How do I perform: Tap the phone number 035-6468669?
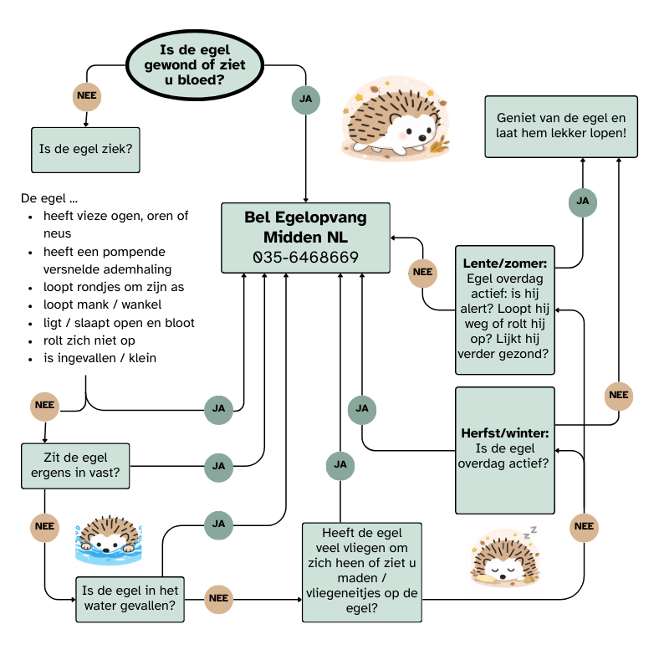point(305,257)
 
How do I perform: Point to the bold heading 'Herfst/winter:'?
point(504,433)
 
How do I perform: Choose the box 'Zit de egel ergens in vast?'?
point(75,466)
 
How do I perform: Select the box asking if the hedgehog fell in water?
point(130,598)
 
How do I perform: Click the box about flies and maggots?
point(361,572)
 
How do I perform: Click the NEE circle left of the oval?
point(87,95)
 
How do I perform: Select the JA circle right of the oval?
point(305,99)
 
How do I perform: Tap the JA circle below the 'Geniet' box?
point(583,202)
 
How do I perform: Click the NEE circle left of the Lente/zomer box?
point(423,272)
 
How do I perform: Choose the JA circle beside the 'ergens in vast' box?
point(219,465)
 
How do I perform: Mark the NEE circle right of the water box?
point(218,598)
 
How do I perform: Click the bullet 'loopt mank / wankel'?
point(103,304)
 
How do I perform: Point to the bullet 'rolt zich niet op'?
point(89,340)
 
